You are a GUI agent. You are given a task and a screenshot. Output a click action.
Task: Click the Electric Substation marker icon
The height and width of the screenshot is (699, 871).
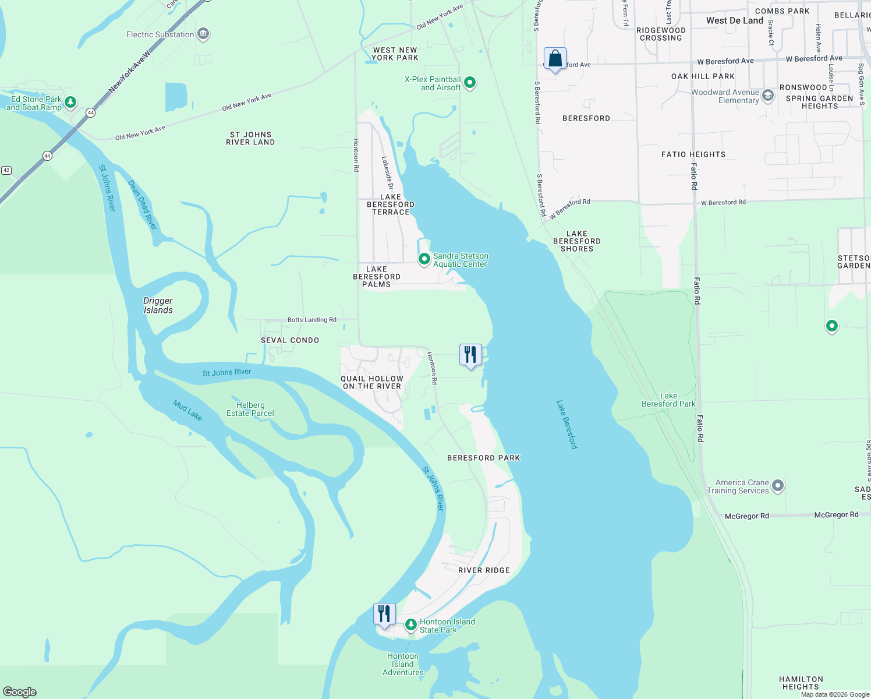203,34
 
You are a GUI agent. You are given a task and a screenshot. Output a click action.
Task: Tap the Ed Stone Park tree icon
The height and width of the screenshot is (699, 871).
70,103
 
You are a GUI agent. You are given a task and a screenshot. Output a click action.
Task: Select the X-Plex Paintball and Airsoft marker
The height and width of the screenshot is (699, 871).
470,83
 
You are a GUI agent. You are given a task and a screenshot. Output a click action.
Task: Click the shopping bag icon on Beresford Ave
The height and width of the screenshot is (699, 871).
555,59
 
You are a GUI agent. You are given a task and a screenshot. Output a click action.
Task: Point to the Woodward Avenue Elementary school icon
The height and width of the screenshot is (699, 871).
768,96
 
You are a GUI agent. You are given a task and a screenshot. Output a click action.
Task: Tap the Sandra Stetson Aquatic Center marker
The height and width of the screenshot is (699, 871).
424,259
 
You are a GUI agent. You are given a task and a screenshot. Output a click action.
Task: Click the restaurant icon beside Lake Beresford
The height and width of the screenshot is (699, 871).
470,355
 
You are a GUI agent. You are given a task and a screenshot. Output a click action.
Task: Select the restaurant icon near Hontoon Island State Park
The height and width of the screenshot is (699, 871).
384,615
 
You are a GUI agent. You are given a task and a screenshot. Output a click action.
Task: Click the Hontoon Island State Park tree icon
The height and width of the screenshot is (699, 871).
411,625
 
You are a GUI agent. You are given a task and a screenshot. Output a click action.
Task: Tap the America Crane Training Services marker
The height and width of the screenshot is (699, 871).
777,486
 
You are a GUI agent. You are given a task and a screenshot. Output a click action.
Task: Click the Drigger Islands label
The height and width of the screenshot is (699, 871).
158,305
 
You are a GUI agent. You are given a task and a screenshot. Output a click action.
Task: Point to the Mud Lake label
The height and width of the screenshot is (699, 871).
187,410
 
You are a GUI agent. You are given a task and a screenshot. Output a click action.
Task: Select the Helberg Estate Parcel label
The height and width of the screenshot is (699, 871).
250,409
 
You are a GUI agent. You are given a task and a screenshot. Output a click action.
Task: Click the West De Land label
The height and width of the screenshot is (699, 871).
735,20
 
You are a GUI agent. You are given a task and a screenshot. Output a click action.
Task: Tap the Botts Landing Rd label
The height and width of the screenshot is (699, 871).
311,320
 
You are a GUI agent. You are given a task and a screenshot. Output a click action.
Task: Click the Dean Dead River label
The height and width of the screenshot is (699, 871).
143,204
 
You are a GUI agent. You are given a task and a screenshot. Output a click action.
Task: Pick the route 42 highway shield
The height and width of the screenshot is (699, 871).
6,170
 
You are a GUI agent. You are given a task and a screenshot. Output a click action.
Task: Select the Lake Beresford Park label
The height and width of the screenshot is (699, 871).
668,400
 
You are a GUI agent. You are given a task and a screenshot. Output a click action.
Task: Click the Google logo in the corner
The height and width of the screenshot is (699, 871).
20,691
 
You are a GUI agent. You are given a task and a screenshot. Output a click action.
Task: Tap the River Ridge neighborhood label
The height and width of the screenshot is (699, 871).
484,570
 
